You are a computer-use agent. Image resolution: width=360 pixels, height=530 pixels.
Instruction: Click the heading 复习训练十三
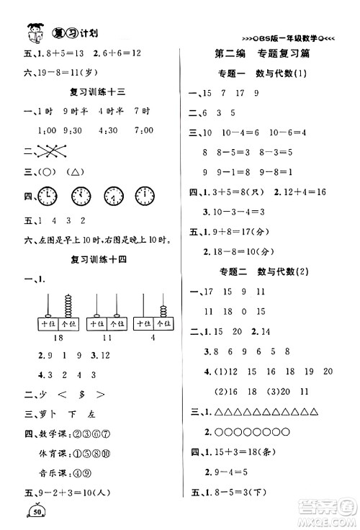click(99, 91)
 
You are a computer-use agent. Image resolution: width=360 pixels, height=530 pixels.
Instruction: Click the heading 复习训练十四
click(99, 259)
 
